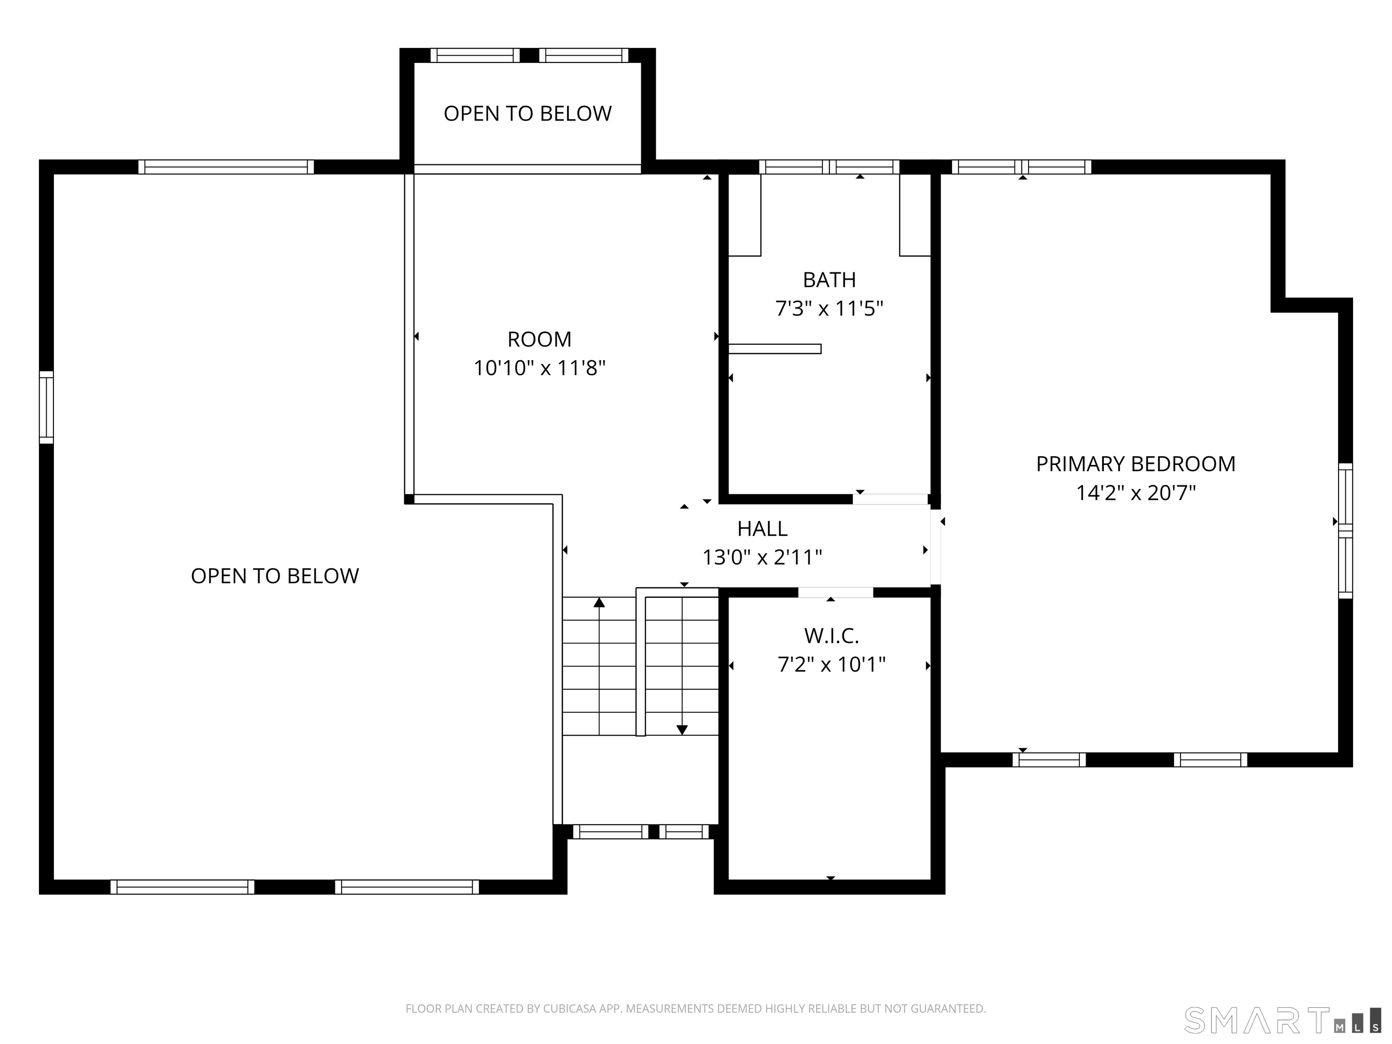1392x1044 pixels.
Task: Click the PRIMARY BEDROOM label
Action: [1136, 464]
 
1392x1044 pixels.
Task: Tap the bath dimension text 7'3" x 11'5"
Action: [829, 309]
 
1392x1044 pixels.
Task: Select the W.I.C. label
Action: [831, 636]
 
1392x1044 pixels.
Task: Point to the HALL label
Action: [762, 529]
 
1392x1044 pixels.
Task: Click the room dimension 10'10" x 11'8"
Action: [539, 367]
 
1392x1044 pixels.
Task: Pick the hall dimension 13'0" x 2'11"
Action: [762, 557]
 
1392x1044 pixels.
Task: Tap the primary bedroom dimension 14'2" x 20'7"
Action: [1136, 492]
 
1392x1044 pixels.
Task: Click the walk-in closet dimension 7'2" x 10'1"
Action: [831, 665]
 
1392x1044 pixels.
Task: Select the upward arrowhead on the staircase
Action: [599, 602]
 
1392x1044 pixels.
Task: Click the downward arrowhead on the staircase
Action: [682, 730]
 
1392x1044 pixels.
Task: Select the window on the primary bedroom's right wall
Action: [1345, 531]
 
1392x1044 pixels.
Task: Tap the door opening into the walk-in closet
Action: [836, 592]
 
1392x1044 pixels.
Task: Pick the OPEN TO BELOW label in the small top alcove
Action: [527, 113]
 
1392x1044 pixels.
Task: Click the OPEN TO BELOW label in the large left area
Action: [275, 576]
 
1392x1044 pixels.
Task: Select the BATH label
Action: [829, 280]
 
